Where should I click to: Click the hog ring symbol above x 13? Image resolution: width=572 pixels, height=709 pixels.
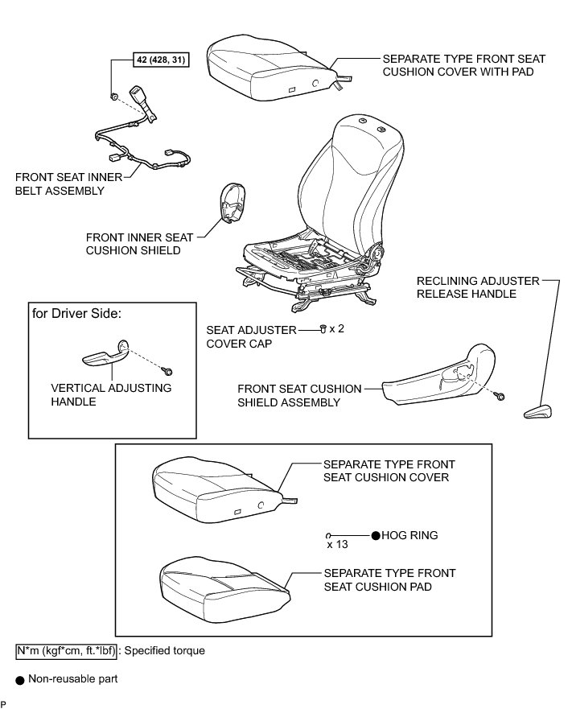click(x=330, y=534)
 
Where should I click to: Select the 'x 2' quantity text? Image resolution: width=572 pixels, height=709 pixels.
click(x=336, y=330)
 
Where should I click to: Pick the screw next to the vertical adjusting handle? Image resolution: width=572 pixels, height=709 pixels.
click(x=167, y=371)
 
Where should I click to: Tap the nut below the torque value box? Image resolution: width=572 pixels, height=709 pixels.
click(x=114, y=97)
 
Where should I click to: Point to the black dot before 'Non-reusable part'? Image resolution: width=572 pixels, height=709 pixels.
click(x=19, y=679)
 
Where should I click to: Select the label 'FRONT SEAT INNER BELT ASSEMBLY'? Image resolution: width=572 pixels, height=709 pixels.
click(x=60, y=183)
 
